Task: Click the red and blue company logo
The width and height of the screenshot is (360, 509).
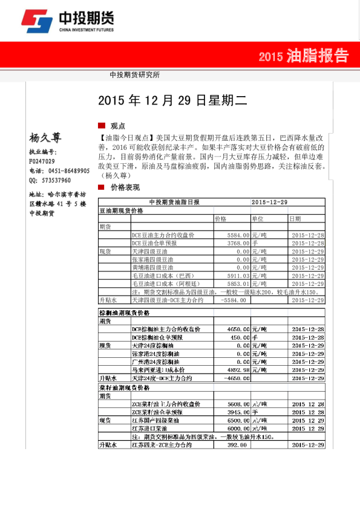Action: click(x=36, y=23)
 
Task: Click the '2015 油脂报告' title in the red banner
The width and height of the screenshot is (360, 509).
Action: click(x=303, y=57)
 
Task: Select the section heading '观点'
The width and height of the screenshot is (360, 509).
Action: click(x=117, y=126)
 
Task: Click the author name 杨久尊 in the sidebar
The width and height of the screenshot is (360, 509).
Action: click(x=45, y=137)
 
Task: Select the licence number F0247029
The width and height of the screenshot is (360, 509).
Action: click(x=42, y=161)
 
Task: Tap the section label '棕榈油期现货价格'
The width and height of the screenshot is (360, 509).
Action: click(x=125, y=313)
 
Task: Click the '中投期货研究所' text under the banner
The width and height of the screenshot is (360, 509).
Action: click(x=135, y=75)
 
